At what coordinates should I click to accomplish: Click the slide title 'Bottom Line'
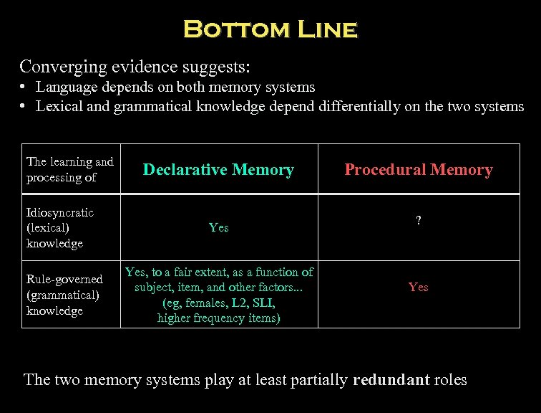[270, 29]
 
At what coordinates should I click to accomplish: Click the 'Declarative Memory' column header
[218, 170]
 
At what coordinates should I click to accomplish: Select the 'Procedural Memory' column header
[419, 170]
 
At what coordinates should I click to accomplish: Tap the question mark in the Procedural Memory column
[419, 222]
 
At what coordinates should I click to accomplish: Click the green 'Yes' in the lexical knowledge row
[218, 227]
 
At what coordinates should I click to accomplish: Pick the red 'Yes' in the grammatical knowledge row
[419, 287]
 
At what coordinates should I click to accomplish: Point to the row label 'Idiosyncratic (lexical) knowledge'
[60, 227]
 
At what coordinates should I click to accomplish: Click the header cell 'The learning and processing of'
[69, 169]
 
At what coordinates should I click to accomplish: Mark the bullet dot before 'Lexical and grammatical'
[24, 106]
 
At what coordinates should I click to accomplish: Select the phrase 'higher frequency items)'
[218, 318]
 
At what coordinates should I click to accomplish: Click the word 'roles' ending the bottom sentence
[449, 379]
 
